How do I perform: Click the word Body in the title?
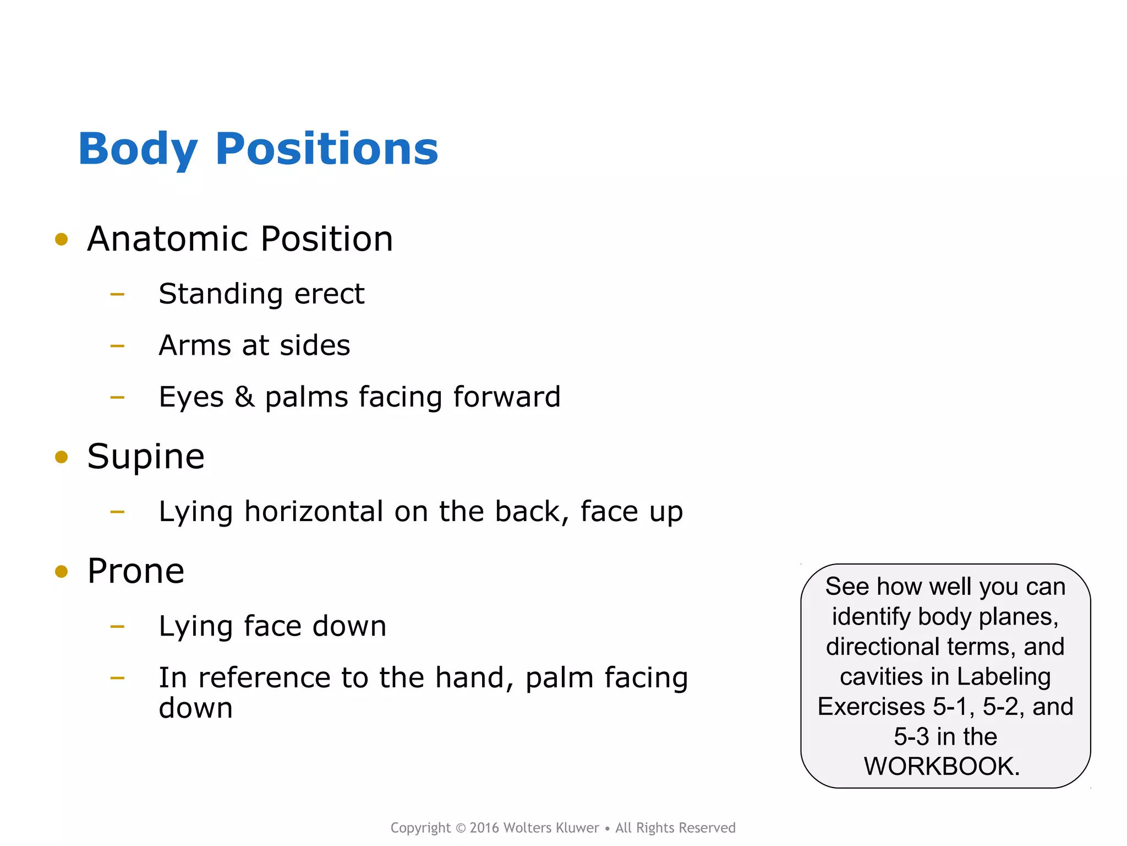coord(138,150)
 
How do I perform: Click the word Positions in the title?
coord(327,150)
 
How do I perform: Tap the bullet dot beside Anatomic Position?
coord(62,240)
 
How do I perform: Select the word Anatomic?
coord(168,240)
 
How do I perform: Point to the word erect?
coord(329,294)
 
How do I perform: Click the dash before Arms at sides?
coord(117,346)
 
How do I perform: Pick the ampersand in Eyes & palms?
coord(244,397)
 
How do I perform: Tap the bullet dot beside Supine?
coord(62,457)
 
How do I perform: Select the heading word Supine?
coord(146,457)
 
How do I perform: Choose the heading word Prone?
coord(136,571)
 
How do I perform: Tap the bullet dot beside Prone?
coord(62,572)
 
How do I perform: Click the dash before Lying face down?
coord(117,626)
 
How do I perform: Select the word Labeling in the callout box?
coord(1003,676)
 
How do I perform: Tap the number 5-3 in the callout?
coord(911,736)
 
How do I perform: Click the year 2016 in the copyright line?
coord(484,828)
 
